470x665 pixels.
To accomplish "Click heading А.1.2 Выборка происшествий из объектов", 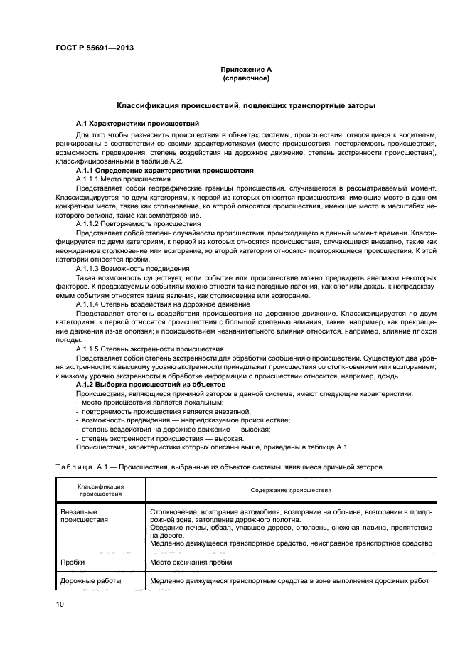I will coord(146,384).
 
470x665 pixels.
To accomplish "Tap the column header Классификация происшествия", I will coord(101,490).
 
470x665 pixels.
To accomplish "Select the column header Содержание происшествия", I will coord(291,490).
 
